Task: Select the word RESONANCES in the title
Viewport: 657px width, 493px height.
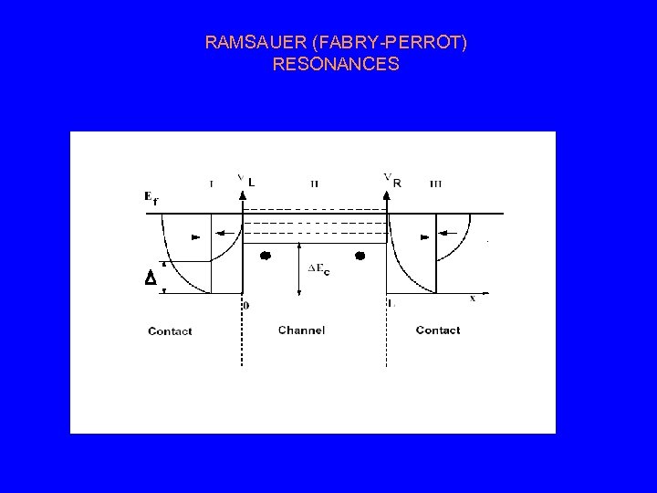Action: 336,65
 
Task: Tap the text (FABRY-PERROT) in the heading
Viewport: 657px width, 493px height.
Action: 384,43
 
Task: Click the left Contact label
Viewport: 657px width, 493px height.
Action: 170,330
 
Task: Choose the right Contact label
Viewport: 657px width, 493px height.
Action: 437,330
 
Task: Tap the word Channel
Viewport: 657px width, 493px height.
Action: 301,330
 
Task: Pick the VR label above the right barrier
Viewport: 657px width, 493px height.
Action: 391,181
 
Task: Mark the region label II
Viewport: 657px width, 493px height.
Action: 315,184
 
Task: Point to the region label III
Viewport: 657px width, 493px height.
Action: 435,184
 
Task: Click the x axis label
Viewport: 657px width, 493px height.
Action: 472,297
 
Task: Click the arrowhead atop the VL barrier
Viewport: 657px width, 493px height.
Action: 242,194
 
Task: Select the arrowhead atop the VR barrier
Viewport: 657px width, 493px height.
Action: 388,194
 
